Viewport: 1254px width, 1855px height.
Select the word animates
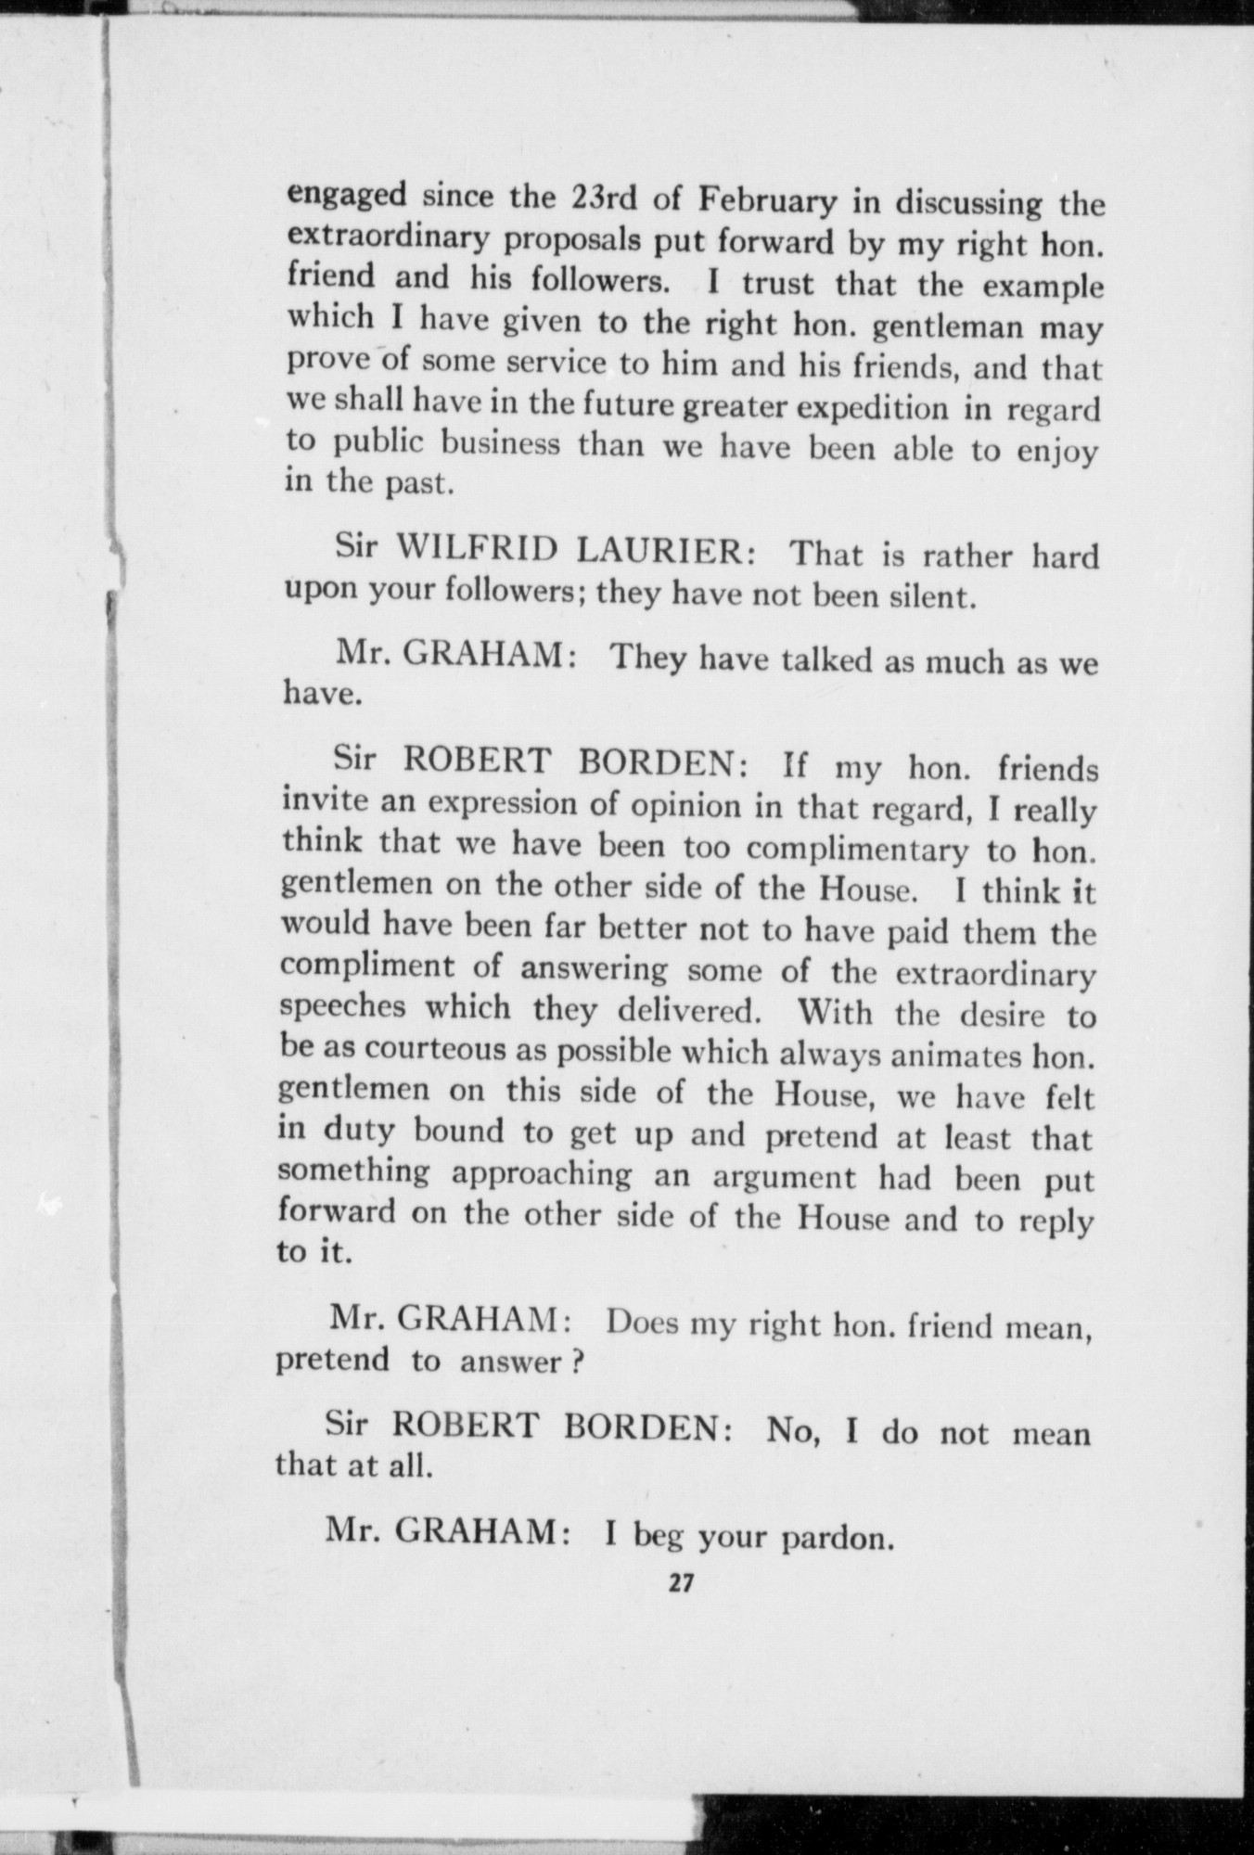(915, 1055)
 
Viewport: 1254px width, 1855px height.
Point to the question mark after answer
(575, 1362)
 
